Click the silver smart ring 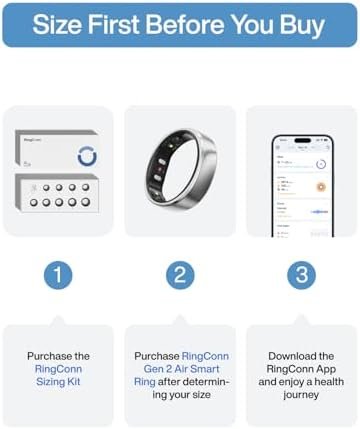pyautogui.click(x=180, y=172)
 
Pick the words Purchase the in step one pyautogui.click(x=57, y=355)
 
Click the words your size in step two pyautogui.click(x=180, y=394)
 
